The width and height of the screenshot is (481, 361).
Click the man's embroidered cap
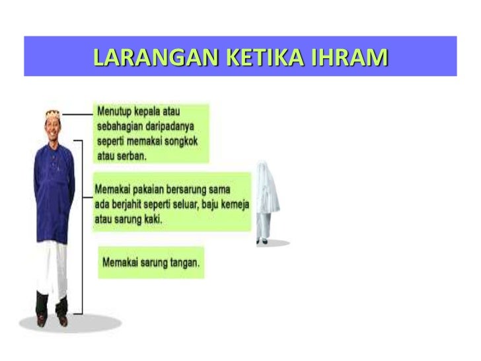pos(53,114)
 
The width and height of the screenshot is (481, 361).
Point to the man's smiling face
pos(53,126)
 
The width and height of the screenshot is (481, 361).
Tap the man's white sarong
pos(53,271)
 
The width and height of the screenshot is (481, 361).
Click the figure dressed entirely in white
pos(267,202)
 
